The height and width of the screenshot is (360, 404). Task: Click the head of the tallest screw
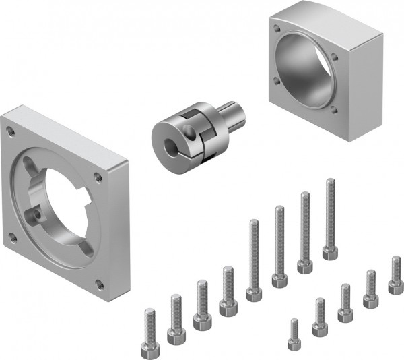click(329, 253)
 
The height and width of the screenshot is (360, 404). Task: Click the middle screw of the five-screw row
click(345, 303)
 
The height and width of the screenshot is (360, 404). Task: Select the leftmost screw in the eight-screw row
click(149, 337)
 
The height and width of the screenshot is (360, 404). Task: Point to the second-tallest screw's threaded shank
click(304, 222)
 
